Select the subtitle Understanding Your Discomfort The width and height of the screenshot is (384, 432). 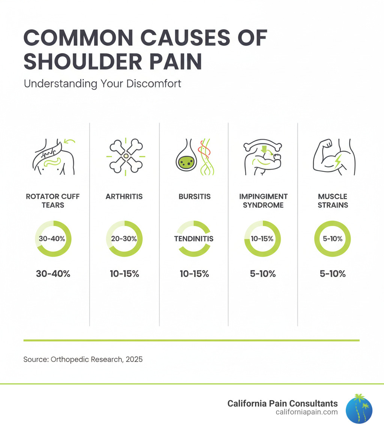(x=102, y=83)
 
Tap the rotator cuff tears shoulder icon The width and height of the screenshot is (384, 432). (x=53, y=156)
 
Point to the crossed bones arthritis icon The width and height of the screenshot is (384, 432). (x=126, y=156)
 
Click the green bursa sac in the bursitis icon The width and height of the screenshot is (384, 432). (x=184, y=161)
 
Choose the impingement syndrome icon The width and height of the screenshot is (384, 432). (x=262, y=157)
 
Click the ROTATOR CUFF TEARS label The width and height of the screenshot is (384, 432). (x=53, y=201)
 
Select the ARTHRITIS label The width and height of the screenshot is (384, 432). (x=124, y=197)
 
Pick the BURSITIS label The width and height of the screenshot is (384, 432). (x=194, y=197)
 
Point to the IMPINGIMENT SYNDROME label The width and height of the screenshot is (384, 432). (x=263, y=201)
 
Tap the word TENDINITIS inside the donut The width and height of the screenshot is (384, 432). (x=193, y=239)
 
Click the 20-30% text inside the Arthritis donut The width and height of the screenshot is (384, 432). (x=124, y=239)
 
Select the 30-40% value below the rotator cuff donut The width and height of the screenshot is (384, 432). (x=53, y=274)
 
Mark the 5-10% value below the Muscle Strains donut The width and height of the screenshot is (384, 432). (x=332, y=274)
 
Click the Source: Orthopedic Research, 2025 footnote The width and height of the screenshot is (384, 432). (x=83, y=359)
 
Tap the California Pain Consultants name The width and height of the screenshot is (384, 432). (x=282, y=404)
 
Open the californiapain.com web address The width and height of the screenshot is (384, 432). (x=306, y=412)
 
